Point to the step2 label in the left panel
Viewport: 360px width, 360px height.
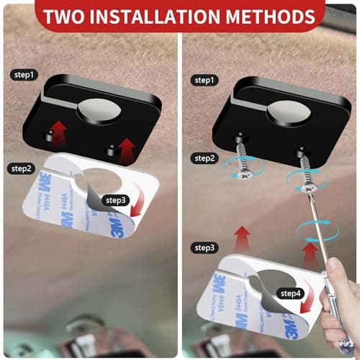(22, 168)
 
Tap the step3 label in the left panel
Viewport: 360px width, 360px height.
(117, 199)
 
